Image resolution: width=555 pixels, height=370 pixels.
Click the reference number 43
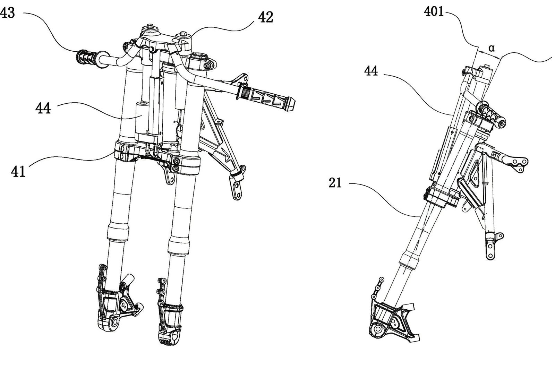click(x=8, y=14)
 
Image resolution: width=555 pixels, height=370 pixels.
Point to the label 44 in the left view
click(x=43, y=108)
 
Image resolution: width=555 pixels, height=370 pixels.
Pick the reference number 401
click(x=434, y=12)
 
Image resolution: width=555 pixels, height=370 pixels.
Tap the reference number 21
click(x=335, y=183)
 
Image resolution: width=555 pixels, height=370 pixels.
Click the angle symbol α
click(x=492, y=48)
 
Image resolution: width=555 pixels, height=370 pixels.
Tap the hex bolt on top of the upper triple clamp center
click(x=150, y=27)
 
